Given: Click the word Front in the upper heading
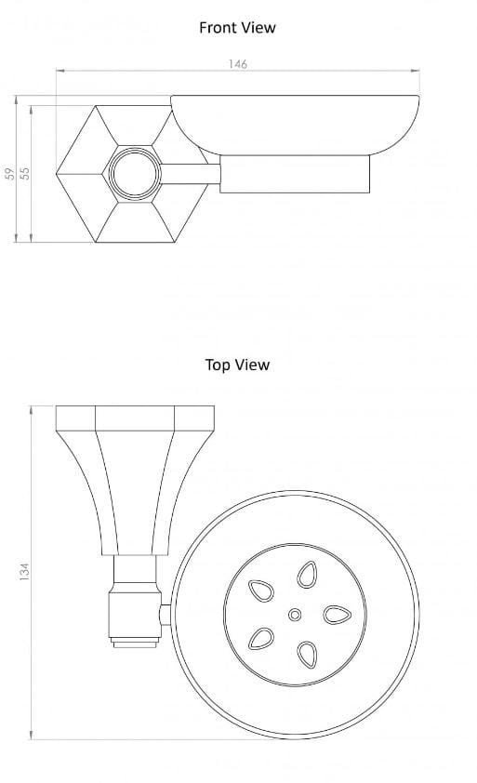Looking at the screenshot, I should (219, 28).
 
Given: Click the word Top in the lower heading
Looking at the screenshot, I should (218, 365).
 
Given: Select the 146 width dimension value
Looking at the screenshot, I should (238, 64).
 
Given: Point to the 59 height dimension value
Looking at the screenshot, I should (10, 174).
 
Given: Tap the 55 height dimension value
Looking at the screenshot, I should (26, 174).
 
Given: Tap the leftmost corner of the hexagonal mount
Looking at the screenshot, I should (59, 173).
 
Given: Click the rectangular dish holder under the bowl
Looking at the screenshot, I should (294, 174).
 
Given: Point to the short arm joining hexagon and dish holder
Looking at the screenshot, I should (192, 173).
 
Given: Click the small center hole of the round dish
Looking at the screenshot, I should (295, 615).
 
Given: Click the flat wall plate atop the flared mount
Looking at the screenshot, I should (136, 419).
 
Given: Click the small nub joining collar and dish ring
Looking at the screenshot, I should (166, 614).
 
